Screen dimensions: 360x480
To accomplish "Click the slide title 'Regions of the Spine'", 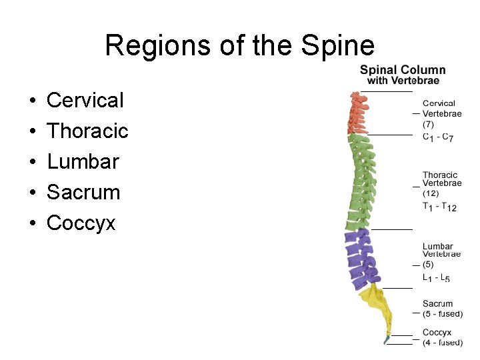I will point(239,46).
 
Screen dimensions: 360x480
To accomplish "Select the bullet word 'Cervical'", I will point(85,101).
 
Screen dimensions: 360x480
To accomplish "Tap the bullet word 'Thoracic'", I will point(87,131).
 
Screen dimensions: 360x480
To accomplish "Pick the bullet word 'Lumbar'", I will point(83,162).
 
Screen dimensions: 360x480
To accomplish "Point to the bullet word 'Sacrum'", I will point(83,193).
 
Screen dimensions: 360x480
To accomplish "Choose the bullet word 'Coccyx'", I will point(81,223).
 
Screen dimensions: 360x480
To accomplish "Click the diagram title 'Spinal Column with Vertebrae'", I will point(403,75).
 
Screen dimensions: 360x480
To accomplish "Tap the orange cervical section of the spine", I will point(359,112).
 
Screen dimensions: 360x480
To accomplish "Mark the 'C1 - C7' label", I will point(438,137).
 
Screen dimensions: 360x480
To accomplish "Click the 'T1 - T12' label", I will point(439,207).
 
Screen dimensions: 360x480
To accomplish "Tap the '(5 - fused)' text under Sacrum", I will point(442,313).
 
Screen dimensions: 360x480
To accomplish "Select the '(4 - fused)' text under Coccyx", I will point(442,342).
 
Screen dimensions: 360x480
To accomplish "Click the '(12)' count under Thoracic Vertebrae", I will point(431,193).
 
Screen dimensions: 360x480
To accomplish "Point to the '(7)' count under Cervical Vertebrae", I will point(428,124).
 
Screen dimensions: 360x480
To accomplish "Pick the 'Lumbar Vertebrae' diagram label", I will point(441,250).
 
